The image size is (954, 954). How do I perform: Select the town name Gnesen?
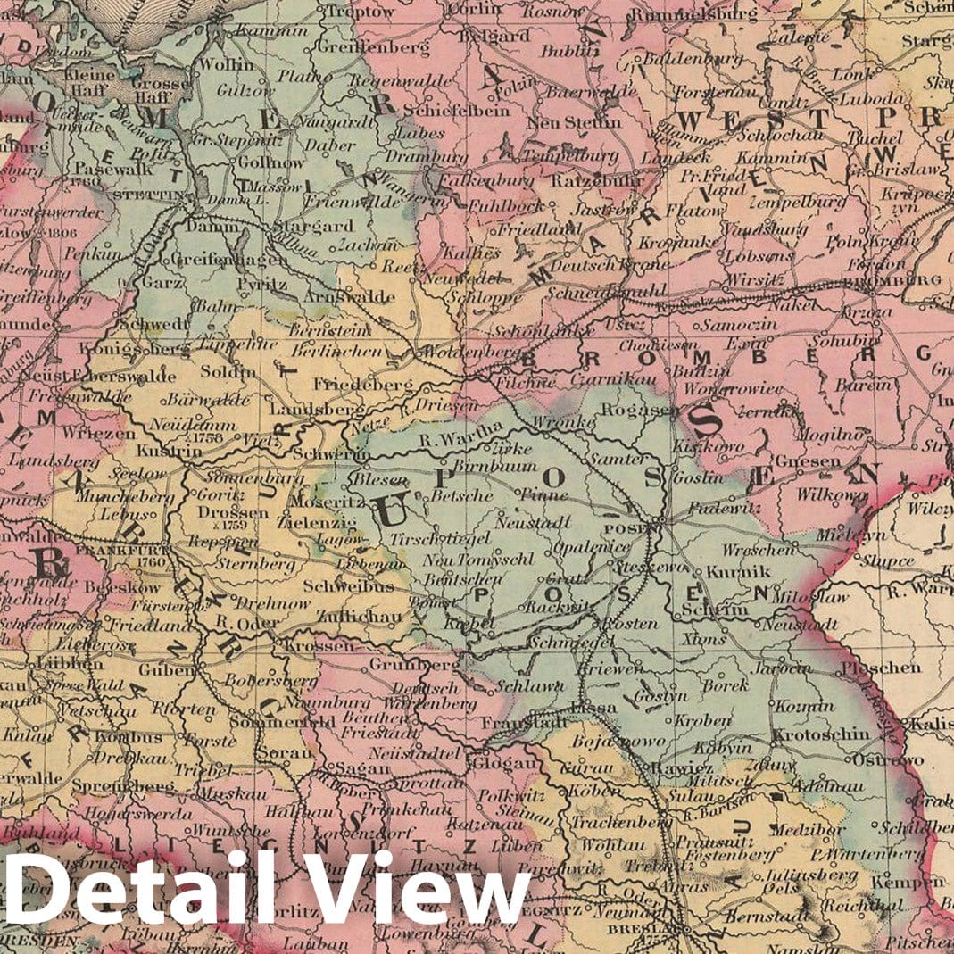click(x=808, y=461)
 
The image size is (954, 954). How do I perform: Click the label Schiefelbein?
click(x=455, y=110)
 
